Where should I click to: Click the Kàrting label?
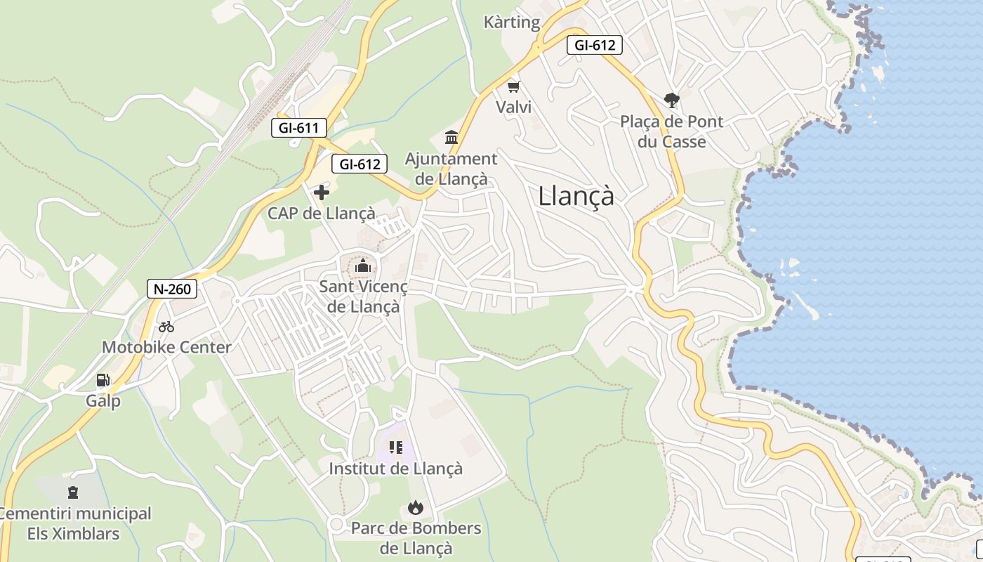pyautogui.click(x=512, y=22)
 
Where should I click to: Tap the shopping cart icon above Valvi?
pyautogui.click(x=514, y=87)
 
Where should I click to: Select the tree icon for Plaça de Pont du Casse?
pyautogui.click(x=672, y=100)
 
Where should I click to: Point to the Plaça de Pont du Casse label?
pyautogui.click(x=672, y=131)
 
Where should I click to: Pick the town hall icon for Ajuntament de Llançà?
pyautogui.click(x=451, y=137)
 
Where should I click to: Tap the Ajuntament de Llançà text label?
pyautogui.click(x=451, y=169)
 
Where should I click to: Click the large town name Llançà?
pyautogui.click(x=576, y=196)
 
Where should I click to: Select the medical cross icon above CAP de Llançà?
pyautogui.click(x=322, y=192)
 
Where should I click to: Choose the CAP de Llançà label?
pyautogui.click(x=322, y=213)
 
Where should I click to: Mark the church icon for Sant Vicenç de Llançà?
pyautogui.click(x=363, y=266)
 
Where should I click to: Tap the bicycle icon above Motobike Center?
pyautogui.click(x=166, y=327)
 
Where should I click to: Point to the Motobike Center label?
pyautogui.click(x=166, y=347)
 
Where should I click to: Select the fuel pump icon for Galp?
pyautogui.click(x=103, y=381)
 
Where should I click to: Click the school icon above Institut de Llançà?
pyautogui.click(x=396, y=447)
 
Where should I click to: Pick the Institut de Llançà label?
pyautogui.click(x=396, y=468)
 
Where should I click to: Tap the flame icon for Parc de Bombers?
pyautogui.click(x=416, y=507)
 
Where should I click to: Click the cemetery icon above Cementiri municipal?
pyautogui.click(x=73, y=492)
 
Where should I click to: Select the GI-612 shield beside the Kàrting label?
pyautogui.click(x=595, y=46)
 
